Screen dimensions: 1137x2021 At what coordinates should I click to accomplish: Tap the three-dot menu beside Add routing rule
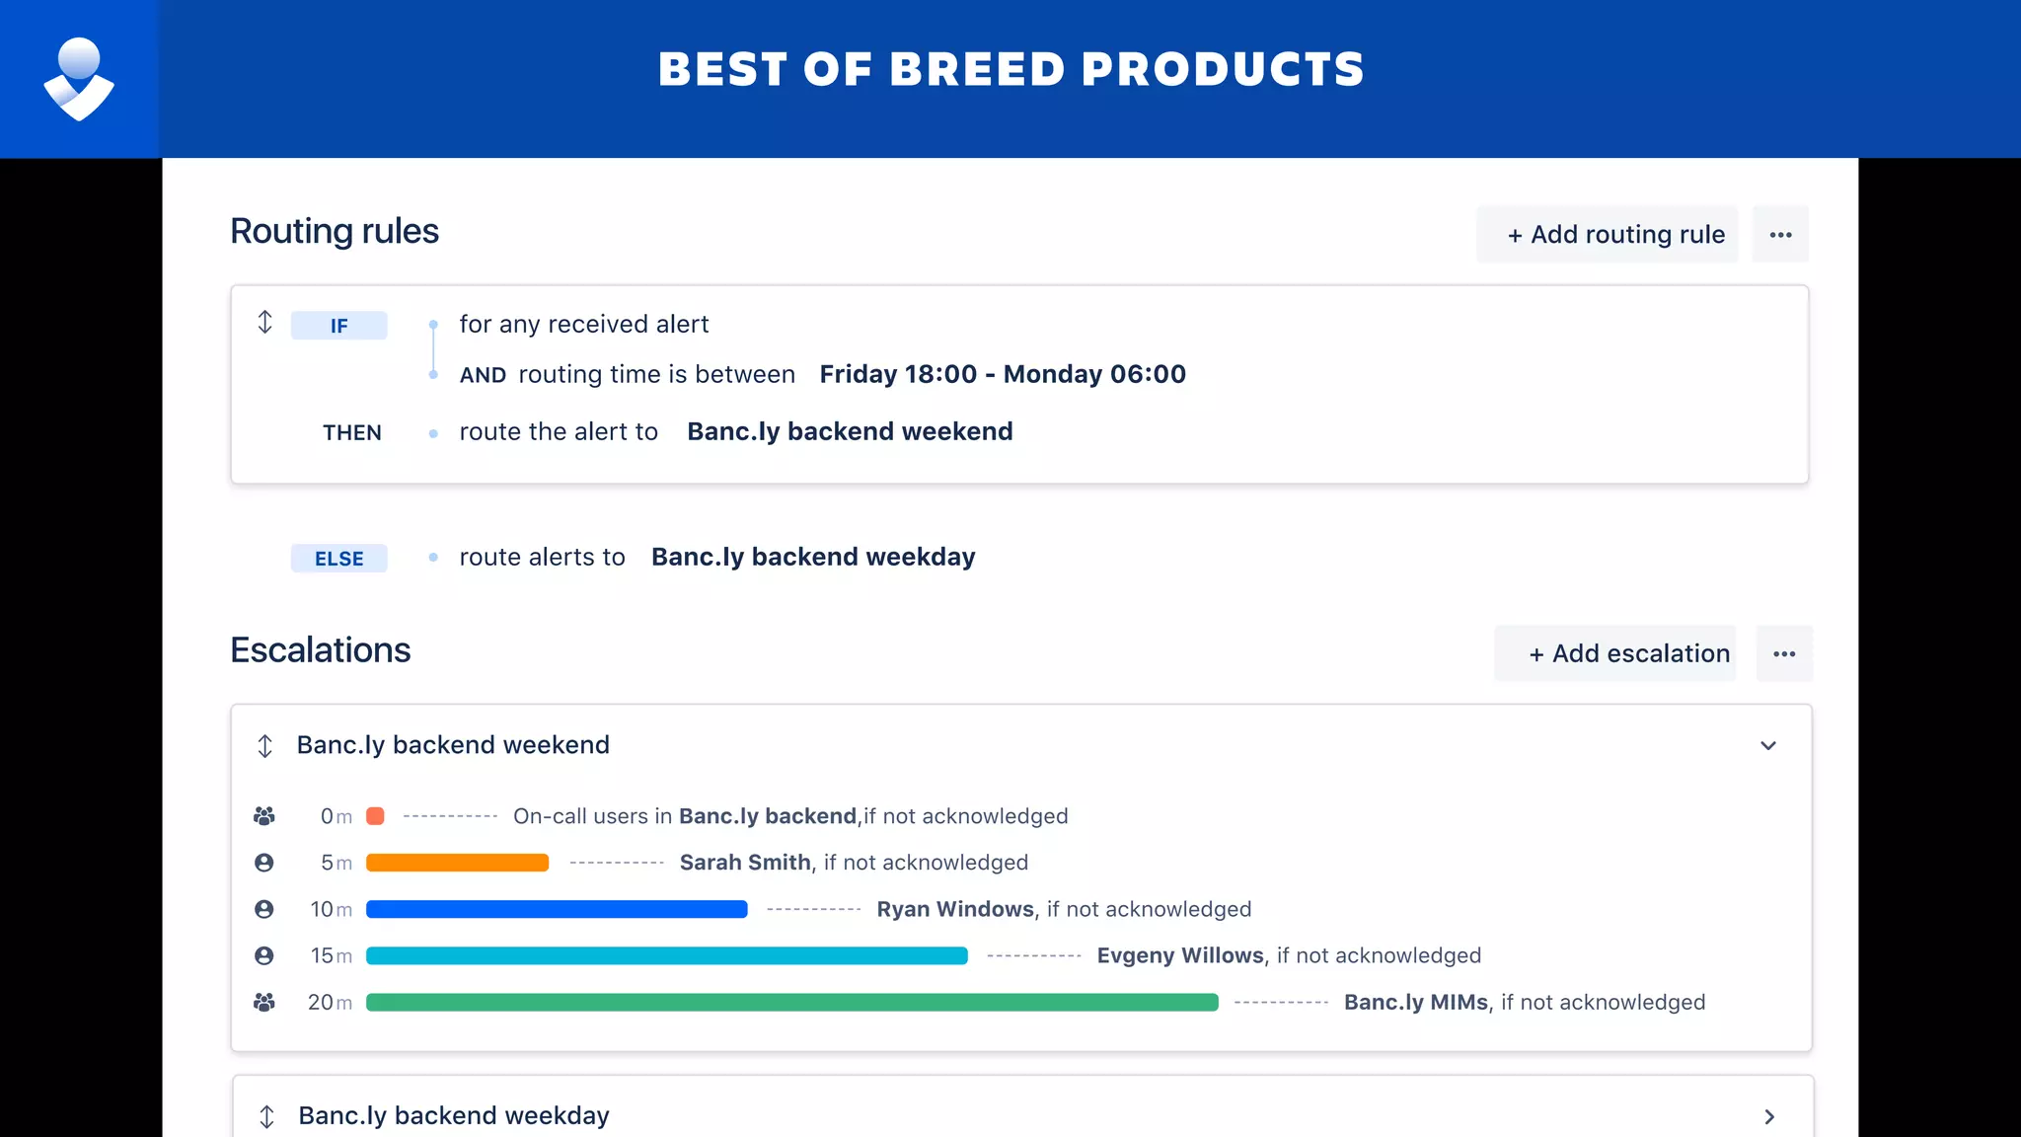tap(1780, 235)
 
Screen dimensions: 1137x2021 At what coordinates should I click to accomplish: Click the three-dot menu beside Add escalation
tap(1784, 653)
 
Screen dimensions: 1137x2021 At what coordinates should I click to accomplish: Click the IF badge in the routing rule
tap(338, 326)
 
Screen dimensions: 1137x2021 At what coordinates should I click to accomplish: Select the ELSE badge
tap(338, 559)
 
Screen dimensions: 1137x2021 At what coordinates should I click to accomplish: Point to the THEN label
tap(351, 432)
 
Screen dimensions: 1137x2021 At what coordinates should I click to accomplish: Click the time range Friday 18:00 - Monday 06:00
tap(1003, 374)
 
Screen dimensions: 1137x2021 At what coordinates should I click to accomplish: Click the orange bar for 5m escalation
tap(457, 863)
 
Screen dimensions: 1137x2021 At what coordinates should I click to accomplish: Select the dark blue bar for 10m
tap(557, 909)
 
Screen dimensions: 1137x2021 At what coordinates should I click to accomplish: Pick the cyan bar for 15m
tap(666, 955)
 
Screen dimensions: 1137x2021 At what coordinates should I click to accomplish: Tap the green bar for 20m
tap(791, 1003)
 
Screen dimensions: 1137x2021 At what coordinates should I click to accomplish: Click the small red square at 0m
tap(375, 816)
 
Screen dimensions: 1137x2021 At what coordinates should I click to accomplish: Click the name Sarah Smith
tap(745, 863)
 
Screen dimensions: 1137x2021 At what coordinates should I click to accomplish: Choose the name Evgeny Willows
tap(1180, 955)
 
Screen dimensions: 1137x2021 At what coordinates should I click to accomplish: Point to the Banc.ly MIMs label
tap(1416, 1002)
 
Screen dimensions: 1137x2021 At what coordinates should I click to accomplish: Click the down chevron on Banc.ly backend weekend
tap(1768, 746)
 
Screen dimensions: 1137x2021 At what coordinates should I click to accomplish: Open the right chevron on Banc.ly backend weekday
tap(1769, 1116)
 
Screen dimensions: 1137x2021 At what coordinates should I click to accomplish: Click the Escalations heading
tap(320, 650)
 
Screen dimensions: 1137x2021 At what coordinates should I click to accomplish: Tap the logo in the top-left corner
tap(79, 79)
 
